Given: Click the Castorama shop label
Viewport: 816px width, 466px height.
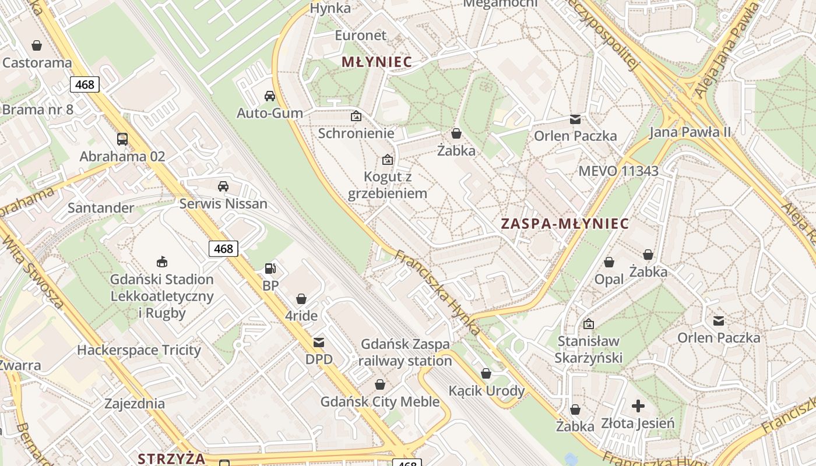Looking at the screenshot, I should coord(37,63).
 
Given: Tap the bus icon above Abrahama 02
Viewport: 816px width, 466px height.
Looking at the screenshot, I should coord(122,139).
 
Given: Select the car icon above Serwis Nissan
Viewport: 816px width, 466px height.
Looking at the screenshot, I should coord(223,186).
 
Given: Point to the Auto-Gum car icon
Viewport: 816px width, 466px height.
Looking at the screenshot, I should coord(270,96).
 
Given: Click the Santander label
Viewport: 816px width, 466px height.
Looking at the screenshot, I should coord(101,208).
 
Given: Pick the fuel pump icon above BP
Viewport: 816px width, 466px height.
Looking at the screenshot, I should coord(270,269).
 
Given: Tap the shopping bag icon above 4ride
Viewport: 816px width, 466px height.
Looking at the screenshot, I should coord(301,299).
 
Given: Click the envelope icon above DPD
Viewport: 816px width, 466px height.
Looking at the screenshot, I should coord(319,343).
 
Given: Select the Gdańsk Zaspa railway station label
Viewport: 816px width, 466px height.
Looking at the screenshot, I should coord(405,352).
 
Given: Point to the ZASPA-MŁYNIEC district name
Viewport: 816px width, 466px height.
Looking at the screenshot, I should coord(565,224).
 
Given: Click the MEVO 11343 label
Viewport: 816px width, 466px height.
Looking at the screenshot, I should coord(618,171).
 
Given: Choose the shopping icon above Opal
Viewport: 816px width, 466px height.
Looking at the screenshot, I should coord(609,262).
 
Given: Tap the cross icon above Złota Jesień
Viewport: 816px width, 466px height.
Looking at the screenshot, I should coord(638,405).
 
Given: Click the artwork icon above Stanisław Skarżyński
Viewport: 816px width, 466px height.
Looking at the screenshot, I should coord(589,324).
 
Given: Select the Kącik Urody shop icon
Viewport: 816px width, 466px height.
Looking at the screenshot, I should coord(486,373).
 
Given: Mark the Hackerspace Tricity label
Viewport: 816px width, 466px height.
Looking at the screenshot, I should coord(139,350).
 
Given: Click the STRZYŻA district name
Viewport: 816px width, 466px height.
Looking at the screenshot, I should coord(171,458).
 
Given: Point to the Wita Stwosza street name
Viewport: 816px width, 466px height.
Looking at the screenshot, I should coord(33,271).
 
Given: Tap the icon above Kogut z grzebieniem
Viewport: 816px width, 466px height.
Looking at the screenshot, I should coord(387,159).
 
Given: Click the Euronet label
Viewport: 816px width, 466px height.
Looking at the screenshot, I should coord(360,36).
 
